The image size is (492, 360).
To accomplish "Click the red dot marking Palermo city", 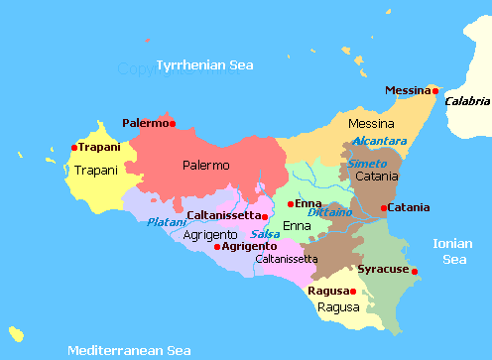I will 173,124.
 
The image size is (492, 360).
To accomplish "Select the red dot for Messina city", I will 432,91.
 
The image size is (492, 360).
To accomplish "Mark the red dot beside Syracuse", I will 415,271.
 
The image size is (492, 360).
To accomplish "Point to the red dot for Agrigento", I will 217,246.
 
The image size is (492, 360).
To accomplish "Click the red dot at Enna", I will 290,204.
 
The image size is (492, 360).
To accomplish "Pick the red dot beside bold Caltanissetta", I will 265,215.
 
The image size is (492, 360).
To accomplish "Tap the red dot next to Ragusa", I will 352,292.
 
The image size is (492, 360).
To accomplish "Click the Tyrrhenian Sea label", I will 204,65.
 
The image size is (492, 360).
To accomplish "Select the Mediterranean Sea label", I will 129,350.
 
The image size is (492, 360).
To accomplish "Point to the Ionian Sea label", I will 453,251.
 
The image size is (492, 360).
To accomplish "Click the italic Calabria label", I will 466,101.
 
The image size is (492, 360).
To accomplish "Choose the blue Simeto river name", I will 366,163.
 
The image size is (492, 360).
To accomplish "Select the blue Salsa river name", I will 265,234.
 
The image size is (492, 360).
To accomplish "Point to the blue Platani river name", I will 166,222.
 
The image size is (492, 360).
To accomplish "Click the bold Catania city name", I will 410,207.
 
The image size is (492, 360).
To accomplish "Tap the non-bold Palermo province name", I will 205,165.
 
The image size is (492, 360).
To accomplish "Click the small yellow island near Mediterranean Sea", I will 15,331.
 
